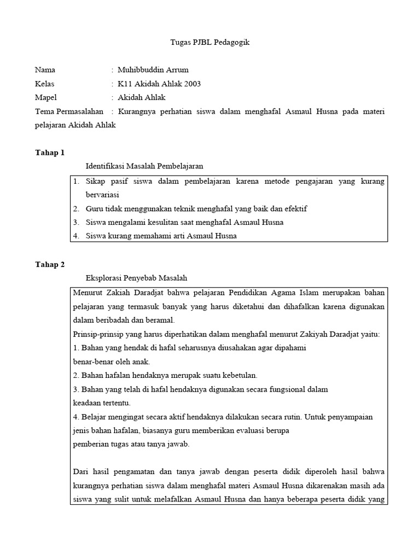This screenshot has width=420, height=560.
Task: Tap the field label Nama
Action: pyautogui.click(x=45, y=69)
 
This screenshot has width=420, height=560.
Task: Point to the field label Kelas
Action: pyautogui.click(x=45, y=84)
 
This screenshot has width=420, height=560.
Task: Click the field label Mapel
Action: pyautogui.click(x=46, y=97)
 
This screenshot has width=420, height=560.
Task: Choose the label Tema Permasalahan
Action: pyautogui.click(x=69, y=112)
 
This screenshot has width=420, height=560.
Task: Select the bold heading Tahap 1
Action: pyautogui.click(x=50, y=152)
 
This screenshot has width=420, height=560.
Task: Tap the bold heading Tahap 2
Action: pyautogui.click(x=50, y=264)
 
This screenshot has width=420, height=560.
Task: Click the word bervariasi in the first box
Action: pyautogui.click(x=102, y=195)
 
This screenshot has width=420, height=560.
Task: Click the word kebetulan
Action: pyautogui.click(x=234, y=375)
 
